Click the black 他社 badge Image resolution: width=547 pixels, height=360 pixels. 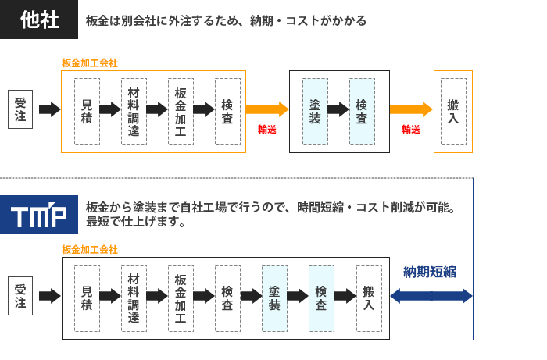point(39,20)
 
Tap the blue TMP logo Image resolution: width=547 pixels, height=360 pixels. point(39,215)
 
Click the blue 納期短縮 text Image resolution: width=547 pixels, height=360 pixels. point(430,272)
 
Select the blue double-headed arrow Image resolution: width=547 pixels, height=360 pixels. point(431,296)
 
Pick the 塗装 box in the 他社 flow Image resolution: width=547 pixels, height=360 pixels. point(315,111)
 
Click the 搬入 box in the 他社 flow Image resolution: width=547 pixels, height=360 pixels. point(453,111)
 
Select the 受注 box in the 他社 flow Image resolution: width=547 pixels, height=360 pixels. point(20,109)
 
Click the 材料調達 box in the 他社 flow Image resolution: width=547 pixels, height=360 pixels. point(134,111)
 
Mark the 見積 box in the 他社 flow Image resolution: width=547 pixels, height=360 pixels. point(87,111)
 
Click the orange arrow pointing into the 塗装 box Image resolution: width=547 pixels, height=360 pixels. point(267,109)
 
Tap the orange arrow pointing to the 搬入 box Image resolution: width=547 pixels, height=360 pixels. point(411,109)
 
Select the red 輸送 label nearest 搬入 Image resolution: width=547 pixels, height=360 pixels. point(411,130)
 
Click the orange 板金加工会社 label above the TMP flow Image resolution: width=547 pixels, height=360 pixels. point(90,249)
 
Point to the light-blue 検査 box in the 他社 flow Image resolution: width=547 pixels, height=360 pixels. point(362,111)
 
